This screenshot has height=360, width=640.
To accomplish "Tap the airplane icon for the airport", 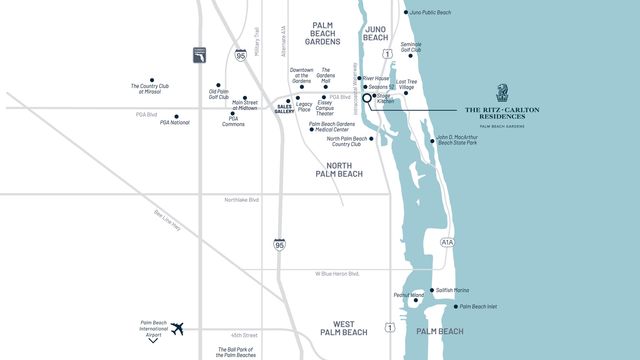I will (179, 328).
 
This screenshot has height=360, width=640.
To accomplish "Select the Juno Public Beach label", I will (431, 13).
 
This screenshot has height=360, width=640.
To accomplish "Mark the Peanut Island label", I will (409, 295).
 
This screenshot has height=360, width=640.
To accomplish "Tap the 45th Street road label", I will (243, 335).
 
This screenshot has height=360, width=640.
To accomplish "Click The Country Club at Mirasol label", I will (152, 89).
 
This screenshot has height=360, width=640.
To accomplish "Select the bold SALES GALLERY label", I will (285, 108).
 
